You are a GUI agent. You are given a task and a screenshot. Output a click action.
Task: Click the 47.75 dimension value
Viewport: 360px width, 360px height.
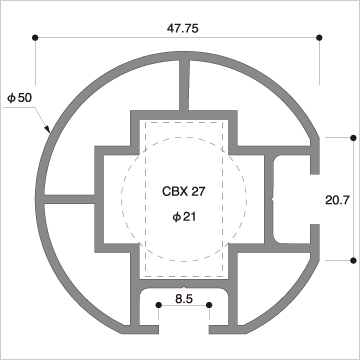[x=182, y=29]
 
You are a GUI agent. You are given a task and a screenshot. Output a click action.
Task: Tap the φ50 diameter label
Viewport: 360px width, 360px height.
[x=19, y=98]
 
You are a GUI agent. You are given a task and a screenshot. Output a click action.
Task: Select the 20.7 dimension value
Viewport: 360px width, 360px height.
[x=337, y=200]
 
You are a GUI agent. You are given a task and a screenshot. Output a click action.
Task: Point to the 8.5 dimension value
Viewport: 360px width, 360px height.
[x=184, y=299]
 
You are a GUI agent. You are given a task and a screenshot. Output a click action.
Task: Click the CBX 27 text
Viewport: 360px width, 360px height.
[x=184, y=192]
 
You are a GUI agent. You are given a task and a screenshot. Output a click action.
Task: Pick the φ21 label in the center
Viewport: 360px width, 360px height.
[x=184, y=217]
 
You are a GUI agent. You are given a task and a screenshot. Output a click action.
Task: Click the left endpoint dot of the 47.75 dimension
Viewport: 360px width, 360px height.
[x=35, y=37]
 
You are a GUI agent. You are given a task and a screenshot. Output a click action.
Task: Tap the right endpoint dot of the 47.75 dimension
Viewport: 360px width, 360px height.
[x=319, y=37]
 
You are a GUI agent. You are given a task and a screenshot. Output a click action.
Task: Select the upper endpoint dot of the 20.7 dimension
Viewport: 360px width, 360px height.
[x=353, y=137]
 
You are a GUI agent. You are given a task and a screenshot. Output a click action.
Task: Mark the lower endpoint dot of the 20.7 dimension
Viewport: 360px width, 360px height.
[x=353, y=260]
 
